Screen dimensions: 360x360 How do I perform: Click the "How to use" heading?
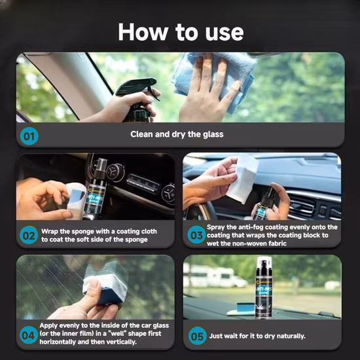(x=181, y=32)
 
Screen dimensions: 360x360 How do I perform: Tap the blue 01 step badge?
(x=29, y=136)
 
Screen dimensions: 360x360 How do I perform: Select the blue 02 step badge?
(x=29, y=235)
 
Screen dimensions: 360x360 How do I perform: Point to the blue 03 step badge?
(x=196, y=234)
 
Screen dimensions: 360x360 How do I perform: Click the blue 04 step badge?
(x=28, y=335)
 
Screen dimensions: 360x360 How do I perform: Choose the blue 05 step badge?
(x=198, y=336)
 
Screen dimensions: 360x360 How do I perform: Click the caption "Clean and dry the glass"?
(x=177, y=134)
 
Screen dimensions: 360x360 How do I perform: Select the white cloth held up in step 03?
(x=242, y=178)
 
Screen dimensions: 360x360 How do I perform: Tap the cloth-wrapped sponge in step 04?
(x=105, y=287)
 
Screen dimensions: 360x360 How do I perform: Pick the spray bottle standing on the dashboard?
(x=264, y=287)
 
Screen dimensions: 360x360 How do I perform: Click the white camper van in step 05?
(x=216, y=277)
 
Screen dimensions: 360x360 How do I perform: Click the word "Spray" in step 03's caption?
(x=216, y=227)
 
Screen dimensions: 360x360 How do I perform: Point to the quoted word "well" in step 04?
(x=120, y=334)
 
